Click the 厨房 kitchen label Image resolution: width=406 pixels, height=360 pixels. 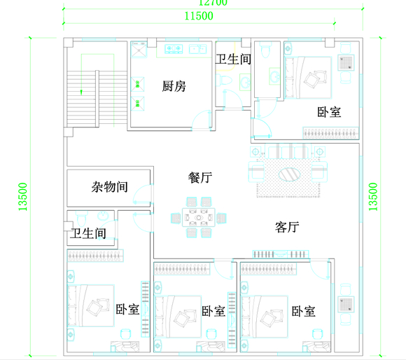pyautogui.click(x=174, y=86)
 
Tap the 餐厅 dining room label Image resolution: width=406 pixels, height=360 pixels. pyautogui.click(x=200, y=177)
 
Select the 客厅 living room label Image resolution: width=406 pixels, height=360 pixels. pyautogui.click(x=287, y=227)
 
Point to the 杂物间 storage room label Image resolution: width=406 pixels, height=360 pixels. pyautogui.click(x=109, y=187)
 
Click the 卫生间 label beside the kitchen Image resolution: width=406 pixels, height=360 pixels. pyautogui.click(x=233, y=60)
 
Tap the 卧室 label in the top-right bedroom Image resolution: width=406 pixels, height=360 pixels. pyautogui.click(x=329, y=111)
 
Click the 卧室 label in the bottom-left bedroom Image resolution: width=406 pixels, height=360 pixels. pyautogui.click(x=127, y=308)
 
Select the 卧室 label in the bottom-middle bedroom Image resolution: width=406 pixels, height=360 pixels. pyautogui.click(x=213, y=311)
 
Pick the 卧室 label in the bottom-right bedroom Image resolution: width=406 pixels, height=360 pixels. pyautogui.click(x=302, y=311)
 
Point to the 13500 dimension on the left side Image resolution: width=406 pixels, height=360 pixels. pyautogui.click(x=23, y=197)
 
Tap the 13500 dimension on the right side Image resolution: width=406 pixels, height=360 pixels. pyautogui.click(x=373, y=197)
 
